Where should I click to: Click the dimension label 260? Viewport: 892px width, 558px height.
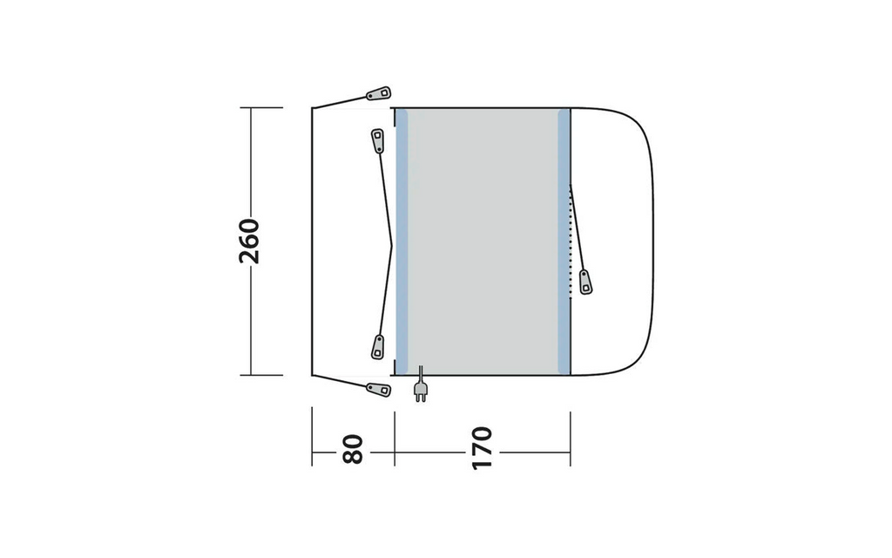pyautogui.click(x=249, y=241)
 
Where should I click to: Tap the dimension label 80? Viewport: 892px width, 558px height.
pyautogui.click(x=353, y=449)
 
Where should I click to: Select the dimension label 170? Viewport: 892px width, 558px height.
pyautogui.click(x=482, y=448)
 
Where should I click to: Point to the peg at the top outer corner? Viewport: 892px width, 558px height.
pyautogui.click(x=379, y=92)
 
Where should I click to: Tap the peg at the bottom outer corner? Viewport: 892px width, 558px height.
pyautogui.click(x=379, y=390)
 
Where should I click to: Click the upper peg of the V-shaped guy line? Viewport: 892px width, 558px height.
pyautogui.click(x=378, y=140)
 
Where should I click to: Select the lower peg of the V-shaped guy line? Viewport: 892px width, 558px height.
pyautogui.click(x=378, y=347)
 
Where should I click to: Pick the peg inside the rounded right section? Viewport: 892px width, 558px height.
pyautogui.click(x=585, y=282)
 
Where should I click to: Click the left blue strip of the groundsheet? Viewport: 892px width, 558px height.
pyautogui.click(x=402, y=242)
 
